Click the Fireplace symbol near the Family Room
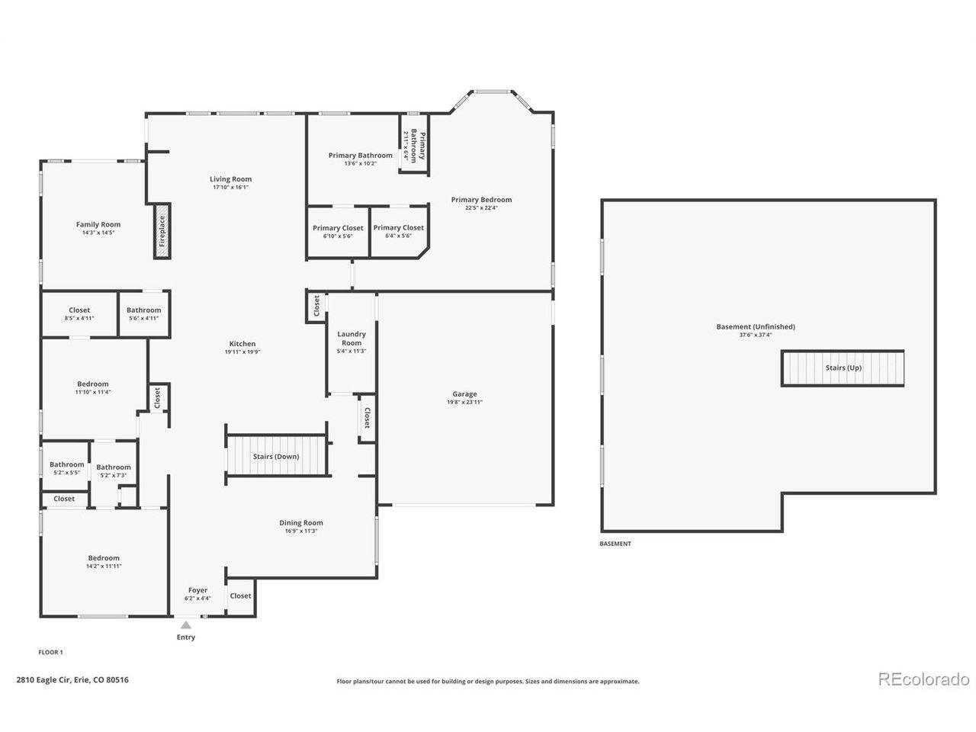(x=162, y=231)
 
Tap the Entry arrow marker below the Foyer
(x=186, y=625)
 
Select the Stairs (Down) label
(x=276, y=457)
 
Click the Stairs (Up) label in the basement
(x=843, y=368)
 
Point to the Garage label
(x=464, y=394)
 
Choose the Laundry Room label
(x=352, y=339)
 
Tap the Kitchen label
(x=242, y=344)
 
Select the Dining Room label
(x=301, y=523)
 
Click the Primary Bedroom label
(x=481, y=200)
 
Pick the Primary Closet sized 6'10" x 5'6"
(x=338, y=228)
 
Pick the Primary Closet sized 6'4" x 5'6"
(x=398, y=228)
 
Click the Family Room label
(x=98, y=224)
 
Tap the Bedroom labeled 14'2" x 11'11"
(x=104, y=558)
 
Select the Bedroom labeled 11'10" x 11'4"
(x=93, y=384)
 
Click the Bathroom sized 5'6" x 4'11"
(x=143, y=310)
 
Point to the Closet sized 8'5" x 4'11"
(x=79, y=310)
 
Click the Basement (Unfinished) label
(x=755, y=327)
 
